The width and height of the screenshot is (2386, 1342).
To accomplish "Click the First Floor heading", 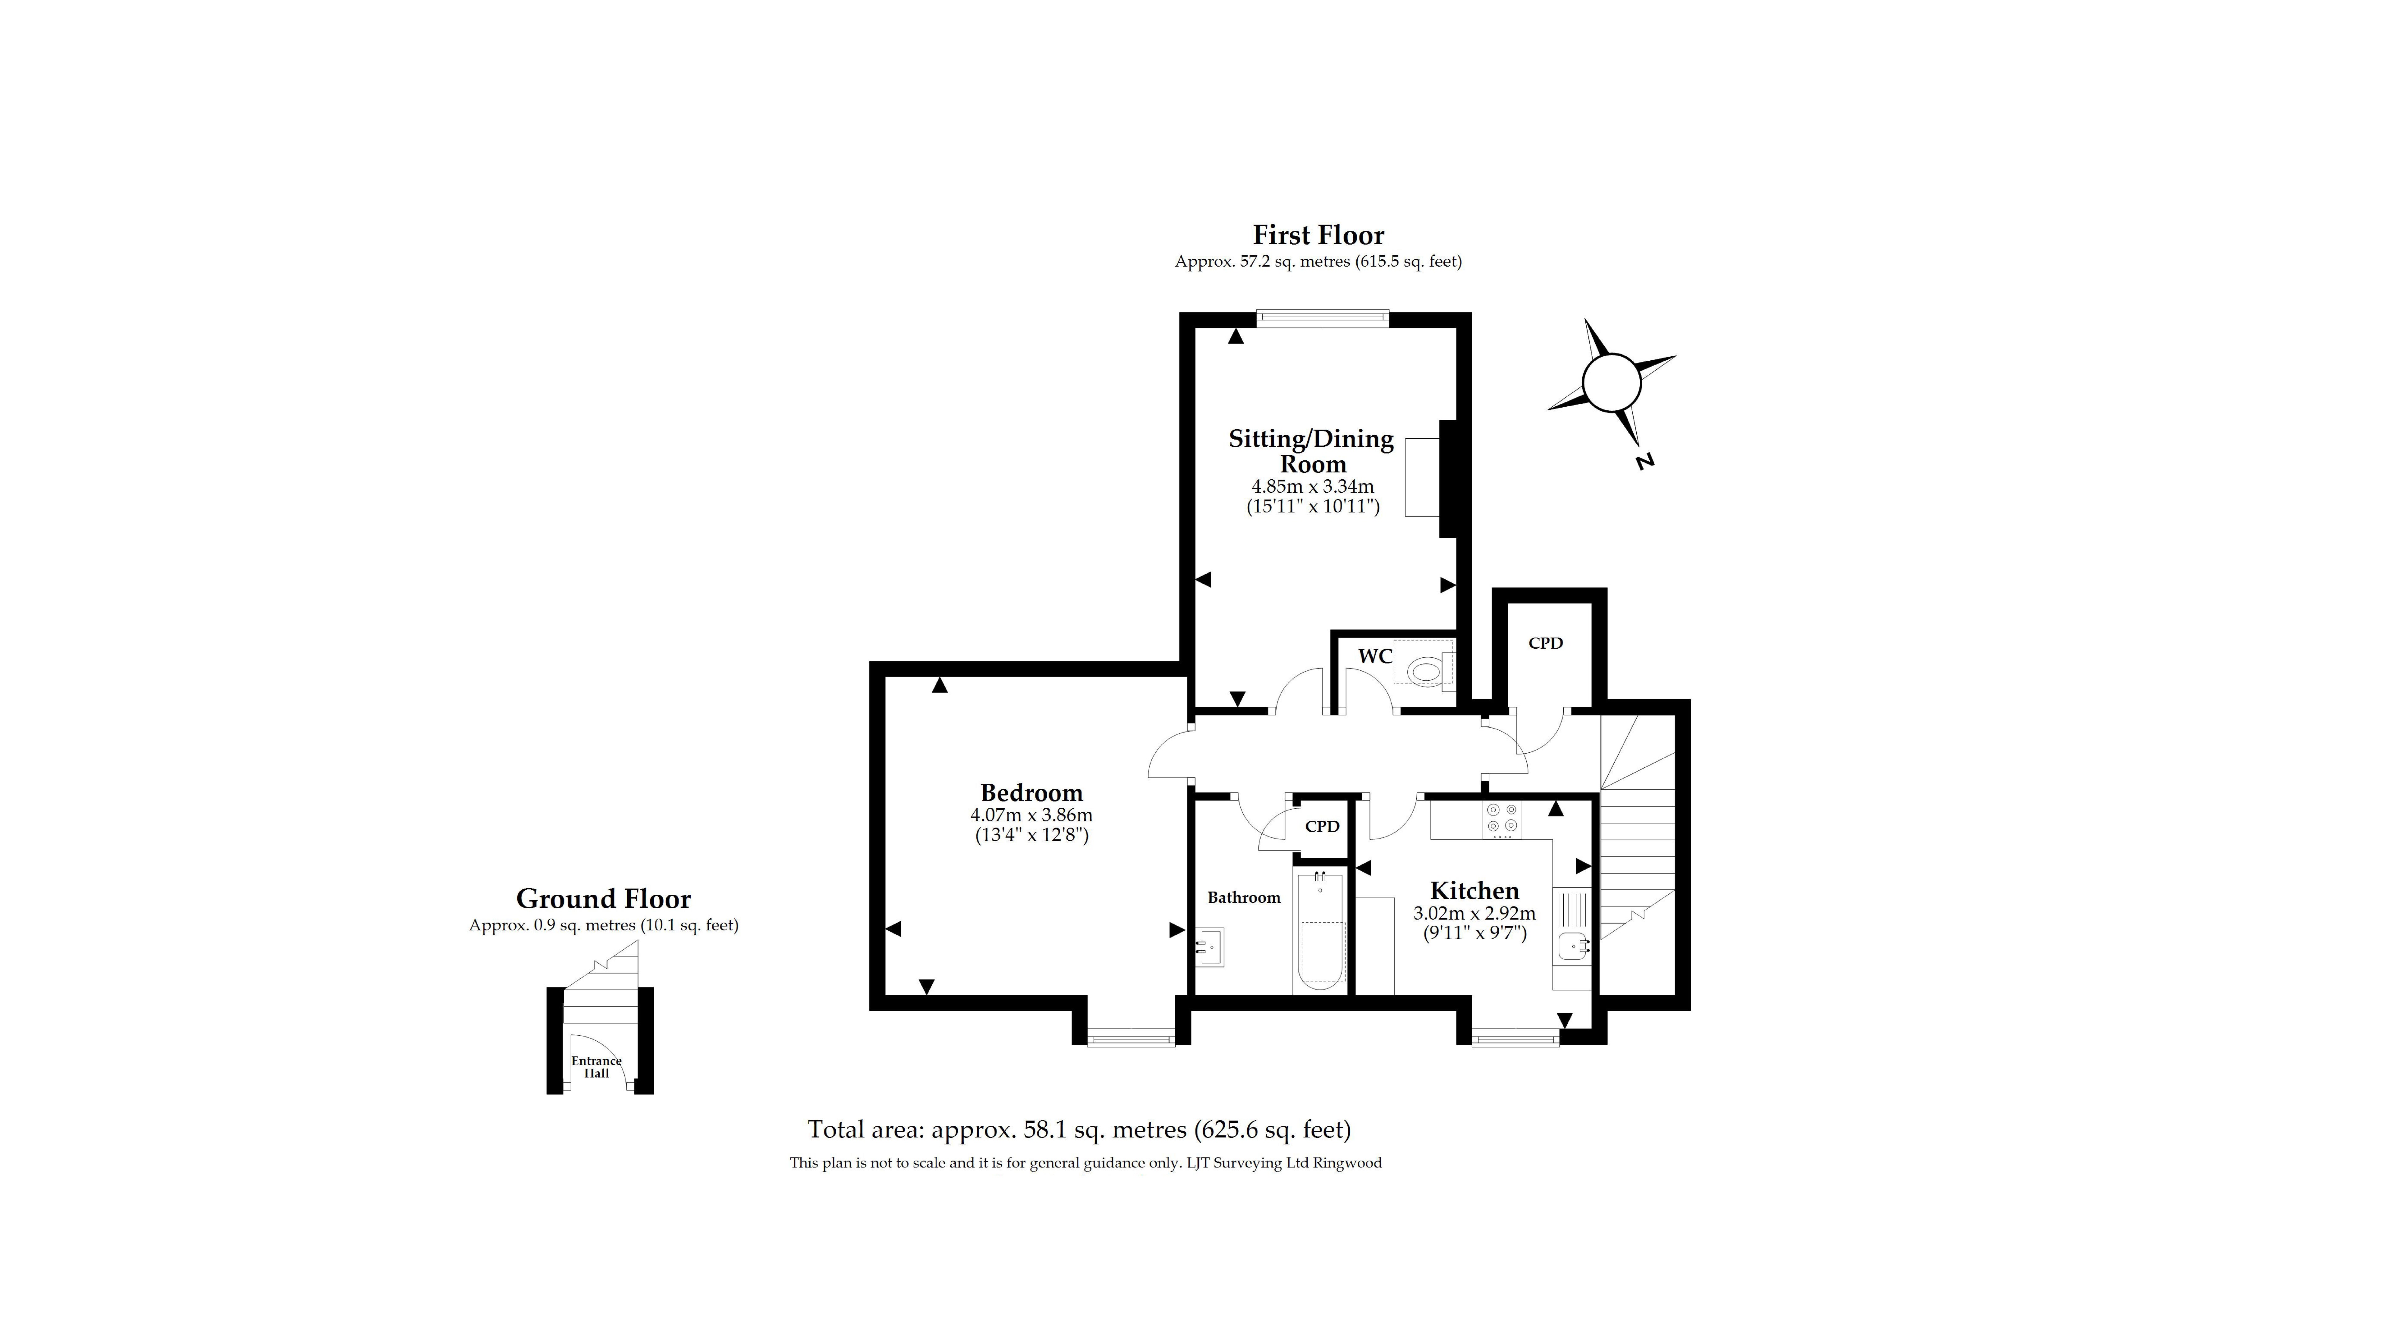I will [x=1318, y=235].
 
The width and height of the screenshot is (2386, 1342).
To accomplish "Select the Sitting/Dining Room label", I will [x=1312, y=451].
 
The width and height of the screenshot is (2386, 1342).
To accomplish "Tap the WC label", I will [x=1374, y=656].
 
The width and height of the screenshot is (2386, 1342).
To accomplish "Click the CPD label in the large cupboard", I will [x=1545, y=643].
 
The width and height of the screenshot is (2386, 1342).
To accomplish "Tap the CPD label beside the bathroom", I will [x=1322, y=826].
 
